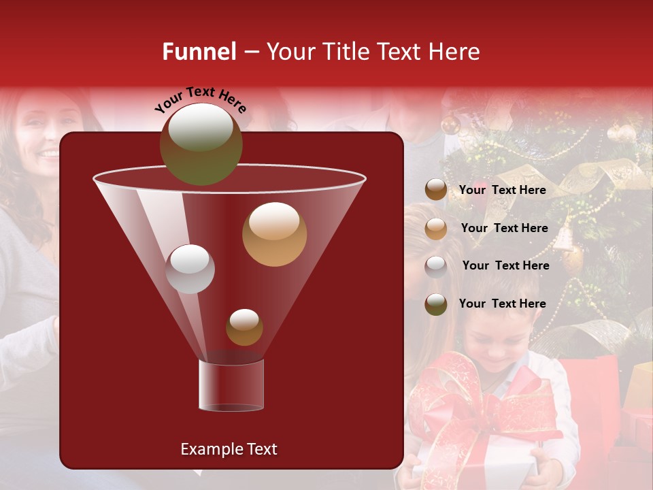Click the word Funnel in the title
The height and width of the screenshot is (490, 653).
[199, 52]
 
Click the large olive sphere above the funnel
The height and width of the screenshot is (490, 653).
[201, 144]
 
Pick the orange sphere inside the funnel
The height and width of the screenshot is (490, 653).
[274, 233]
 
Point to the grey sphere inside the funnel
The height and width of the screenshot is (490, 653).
[190, 269]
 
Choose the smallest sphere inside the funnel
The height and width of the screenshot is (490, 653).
[244, 327]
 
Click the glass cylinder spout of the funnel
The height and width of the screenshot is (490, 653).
[231, 385]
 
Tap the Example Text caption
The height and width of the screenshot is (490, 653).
[229, 449]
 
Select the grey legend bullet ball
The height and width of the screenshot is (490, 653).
[436, 266]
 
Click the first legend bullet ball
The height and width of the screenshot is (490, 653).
[436, 190]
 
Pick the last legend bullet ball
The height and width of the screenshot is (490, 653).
[436, 304]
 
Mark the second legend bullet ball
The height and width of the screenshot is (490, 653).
[436, 228]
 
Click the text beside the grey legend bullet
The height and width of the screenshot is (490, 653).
[505, 265]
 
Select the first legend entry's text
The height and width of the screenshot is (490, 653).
[502, 190]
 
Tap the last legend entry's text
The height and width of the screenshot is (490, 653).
[502, 304]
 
